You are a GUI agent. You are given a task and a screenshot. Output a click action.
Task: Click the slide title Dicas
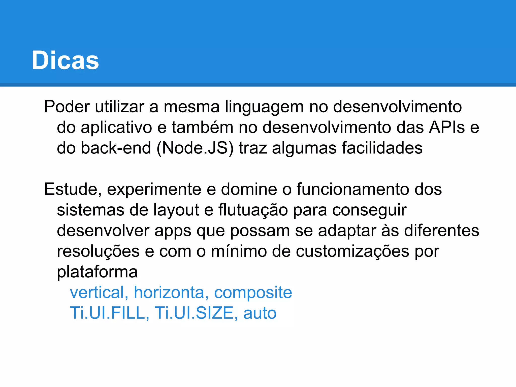65,60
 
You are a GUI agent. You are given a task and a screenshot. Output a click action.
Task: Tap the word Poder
67,107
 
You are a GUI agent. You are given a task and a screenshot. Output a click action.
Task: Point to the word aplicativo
116,127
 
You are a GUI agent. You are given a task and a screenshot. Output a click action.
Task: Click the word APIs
447,127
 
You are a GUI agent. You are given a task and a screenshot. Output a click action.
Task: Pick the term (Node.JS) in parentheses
195,148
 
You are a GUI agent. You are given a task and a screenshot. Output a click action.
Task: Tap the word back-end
116,148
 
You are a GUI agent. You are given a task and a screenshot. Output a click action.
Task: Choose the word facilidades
382,148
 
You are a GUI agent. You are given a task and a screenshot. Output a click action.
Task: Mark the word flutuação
253,210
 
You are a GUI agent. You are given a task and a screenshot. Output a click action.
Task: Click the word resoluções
98,251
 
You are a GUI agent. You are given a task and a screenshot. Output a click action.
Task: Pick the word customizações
352,251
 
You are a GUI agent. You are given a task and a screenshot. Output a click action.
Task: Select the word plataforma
97,272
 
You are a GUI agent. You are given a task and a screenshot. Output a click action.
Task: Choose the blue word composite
253,293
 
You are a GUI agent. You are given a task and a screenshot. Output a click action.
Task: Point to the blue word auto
260,313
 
